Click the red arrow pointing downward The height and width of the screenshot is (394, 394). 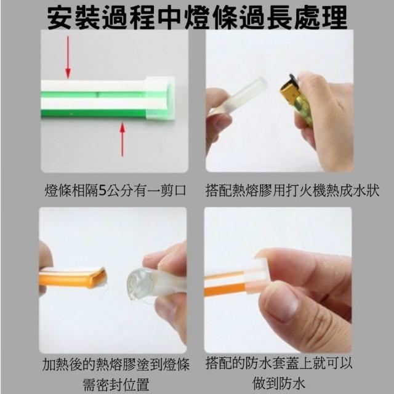pos(68,57)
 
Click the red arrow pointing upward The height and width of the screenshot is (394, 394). pos(123,140)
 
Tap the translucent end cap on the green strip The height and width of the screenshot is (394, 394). pos(159,98)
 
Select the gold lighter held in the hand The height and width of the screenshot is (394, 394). pos(297,100)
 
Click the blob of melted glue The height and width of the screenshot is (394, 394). pos(140,284)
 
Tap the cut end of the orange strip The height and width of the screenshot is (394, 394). pos(98,278)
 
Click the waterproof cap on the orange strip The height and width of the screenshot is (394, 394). pos(254,276)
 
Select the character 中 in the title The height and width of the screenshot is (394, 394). pos(171,17)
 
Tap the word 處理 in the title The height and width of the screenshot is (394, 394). pos(321,17)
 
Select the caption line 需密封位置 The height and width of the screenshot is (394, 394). pos(116,384)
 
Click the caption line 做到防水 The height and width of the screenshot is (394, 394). pos(278,384)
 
